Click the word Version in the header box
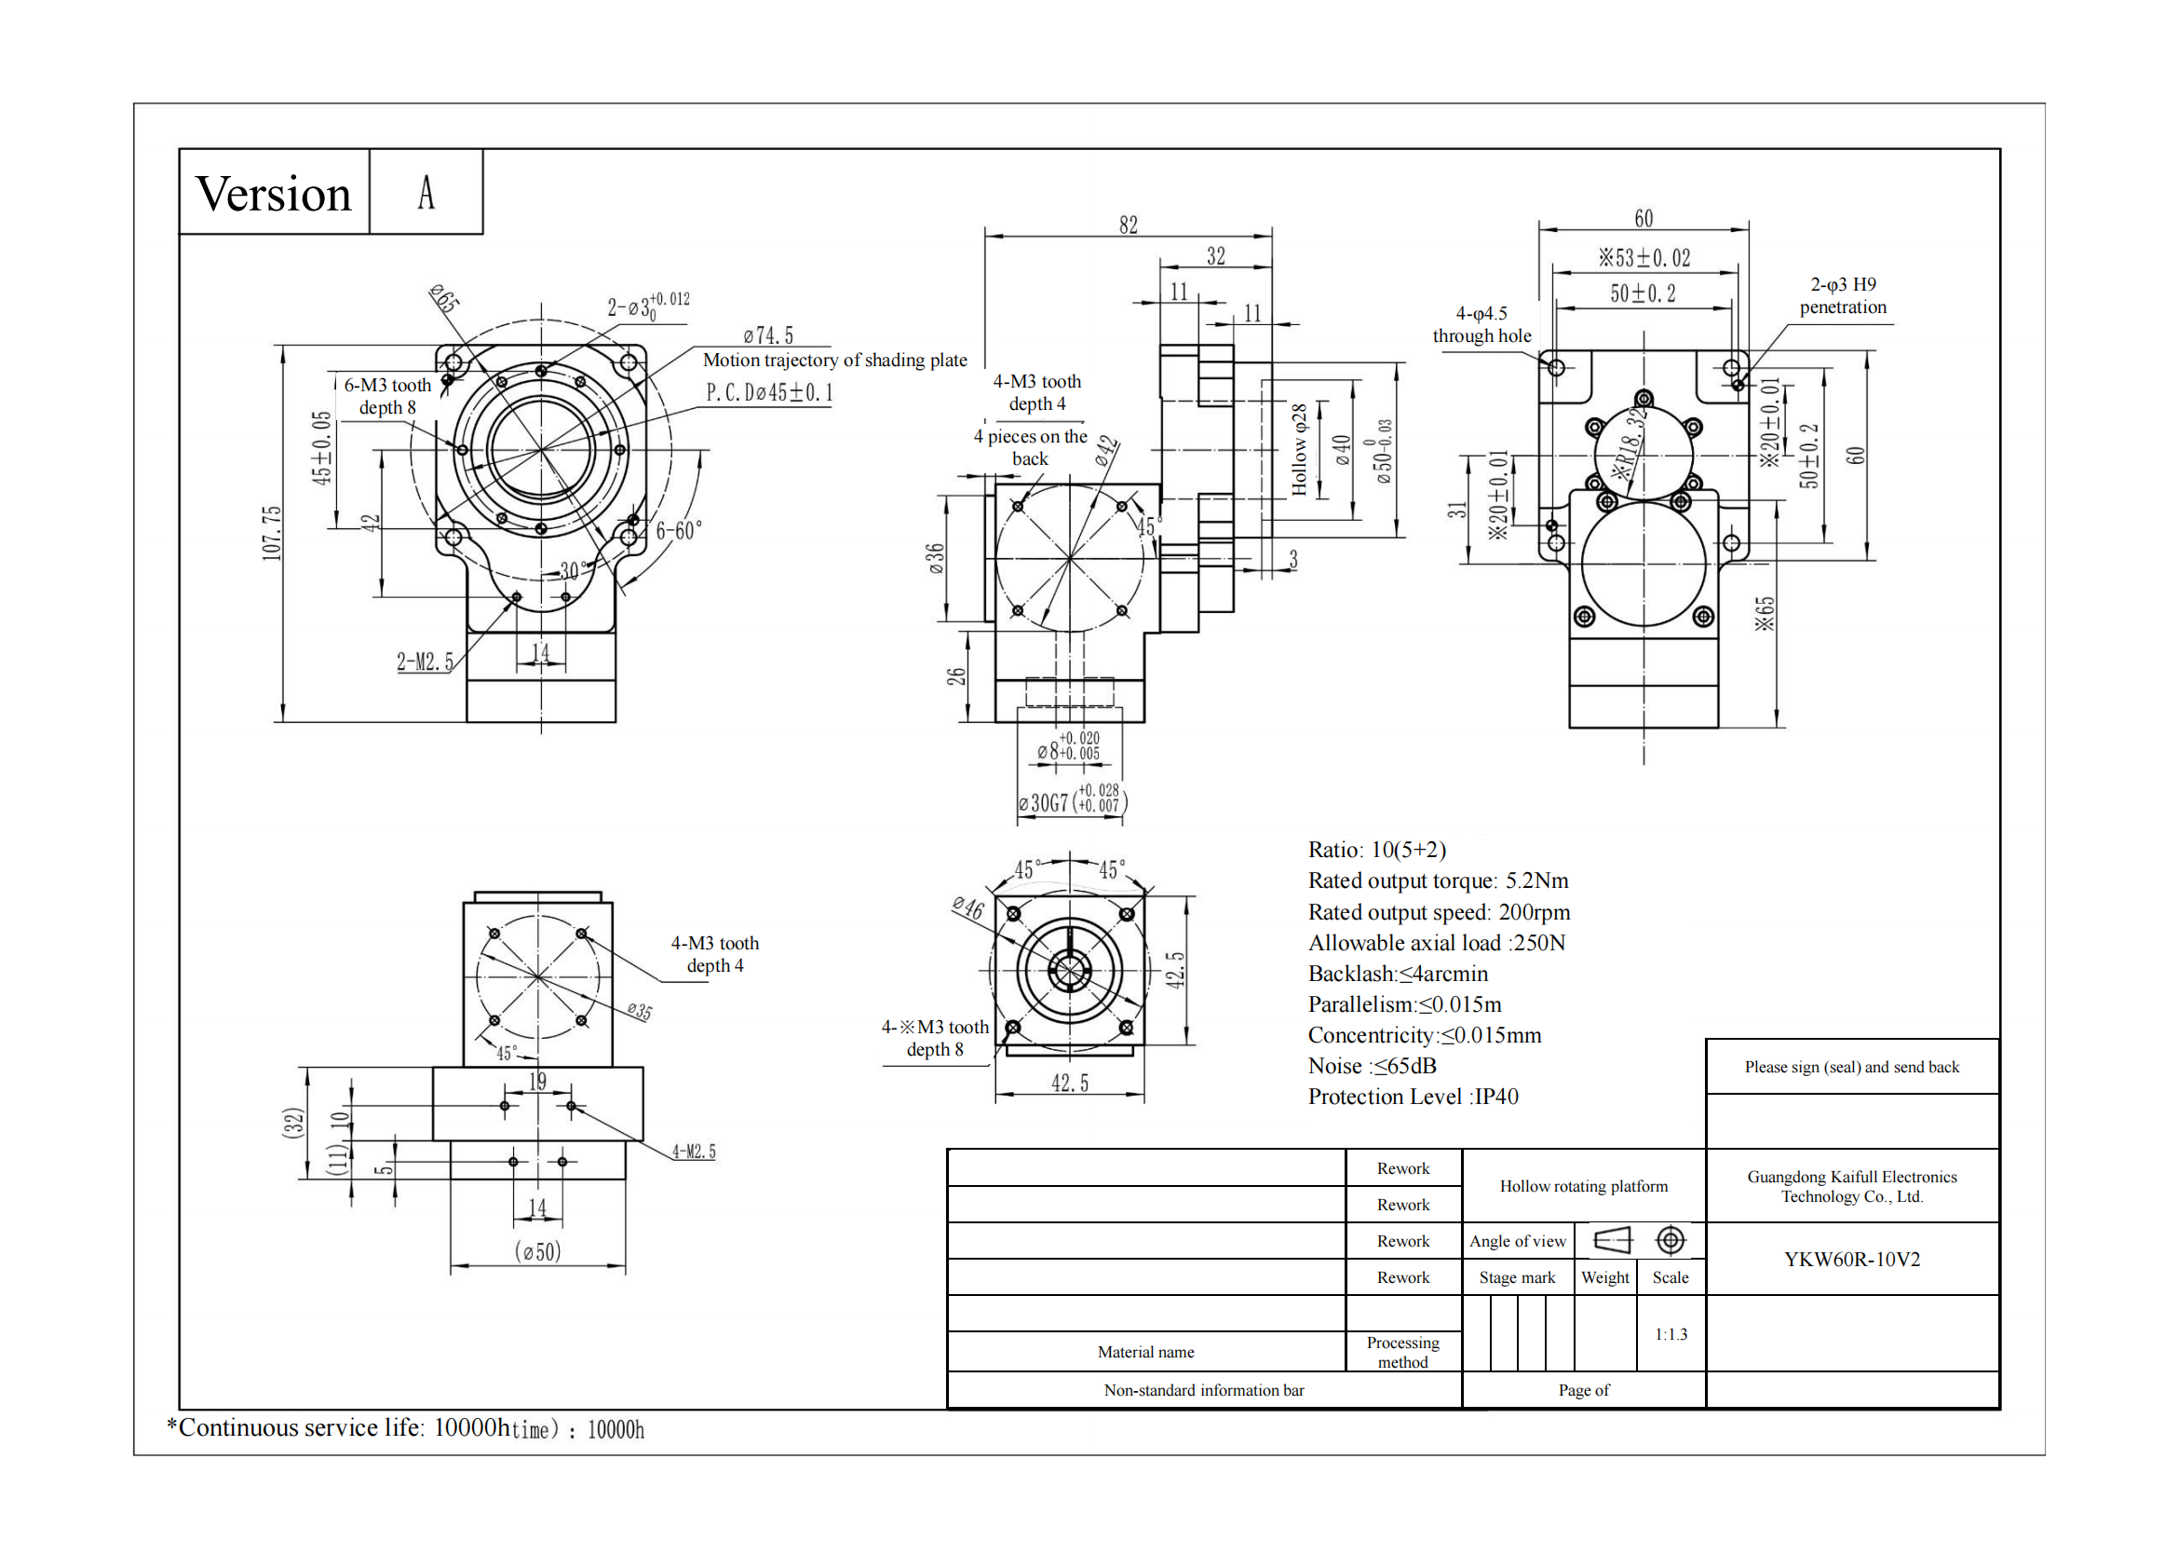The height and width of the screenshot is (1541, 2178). coord(273,195)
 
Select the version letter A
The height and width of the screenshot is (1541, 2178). coord(426,193)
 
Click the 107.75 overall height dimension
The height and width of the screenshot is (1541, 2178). coord(272,533)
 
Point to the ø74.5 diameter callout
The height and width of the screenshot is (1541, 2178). coord(768,336)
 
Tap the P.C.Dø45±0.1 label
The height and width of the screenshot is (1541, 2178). coord(769,393)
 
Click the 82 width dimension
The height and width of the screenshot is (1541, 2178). coord(1128,225)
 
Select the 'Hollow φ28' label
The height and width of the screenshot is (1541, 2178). coord(1299,450)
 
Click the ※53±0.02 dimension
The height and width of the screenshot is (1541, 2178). coord(1644,258)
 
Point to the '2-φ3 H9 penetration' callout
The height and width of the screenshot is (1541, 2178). coord(1842,296)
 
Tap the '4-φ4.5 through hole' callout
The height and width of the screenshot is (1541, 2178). coord(1481,324)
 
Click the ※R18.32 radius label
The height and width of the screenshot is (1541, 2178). coord(1630,445)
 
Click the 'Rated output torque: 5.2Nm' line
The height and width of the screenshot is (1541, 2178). coord(1438,880)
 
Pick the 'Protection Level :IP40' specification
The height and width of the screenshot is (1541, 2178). coord(1413,1097)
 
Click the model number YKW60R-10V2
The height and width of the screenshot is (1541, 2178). coord(1852,1260)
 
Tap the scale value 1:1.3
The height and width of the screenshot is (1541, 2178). coord(1671,1334)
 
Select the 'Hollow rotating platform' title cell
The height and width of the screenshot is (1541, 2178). coord(1583,1186)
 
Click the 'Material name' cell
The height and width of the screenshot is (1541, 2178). coord(1146,1352)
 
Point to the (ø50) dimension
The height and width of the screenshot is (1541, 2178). coord(538,1251)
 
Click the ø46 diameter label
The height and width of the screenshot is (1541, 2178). coord(968,908)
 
